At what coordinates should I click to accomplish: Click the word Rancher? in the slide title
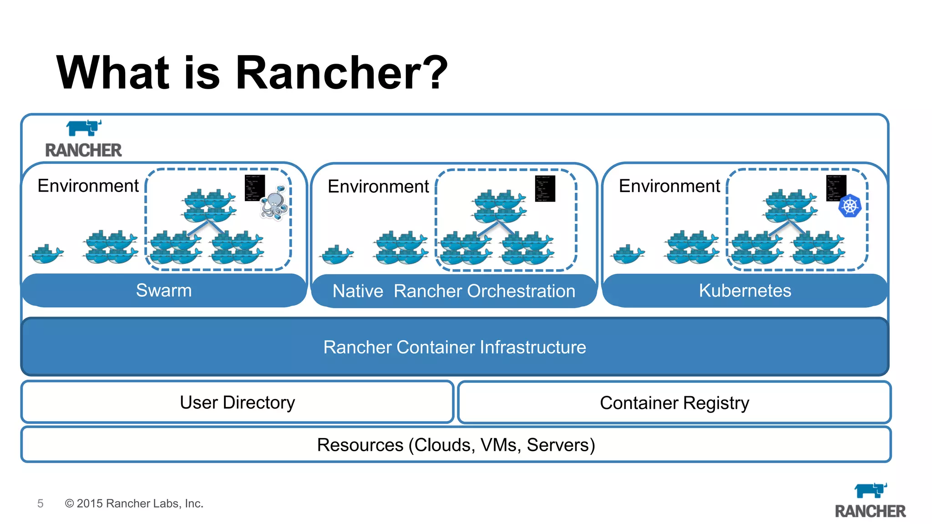tap(341, 73)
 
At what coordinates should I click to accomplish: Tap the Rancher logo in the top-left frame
tap(84, 139)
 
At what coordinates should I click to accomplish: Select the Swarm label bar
tap(164, 290)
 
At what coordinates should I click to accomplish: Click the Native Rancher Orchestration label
tap(454, 291)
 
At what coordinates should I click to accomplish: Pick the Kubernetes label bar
tap(745, 291)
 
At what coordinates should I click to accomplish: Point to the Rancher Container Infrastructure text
tap(455, 347)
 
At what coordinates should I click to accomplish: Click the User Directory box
tap(237, 403)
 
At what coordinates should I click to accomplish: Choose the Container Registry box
tap(674, 403)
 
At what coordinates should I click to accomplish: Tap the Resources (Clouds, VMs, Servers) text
tap(456, 445)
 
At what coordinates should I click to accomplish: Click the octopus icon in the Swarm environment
tap(274, 203)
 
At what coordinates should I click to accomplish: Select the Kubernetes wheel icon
tap(850, 206)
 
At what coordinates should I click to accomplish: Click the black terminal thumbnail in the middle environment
tap(545, 188)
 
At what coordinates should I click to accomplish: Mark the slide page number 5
tap(41, 504)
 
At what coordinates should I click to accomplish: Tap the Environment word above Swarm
tap(88, 186)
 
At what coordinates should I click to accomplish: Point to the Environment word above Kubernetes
tap(669, 186)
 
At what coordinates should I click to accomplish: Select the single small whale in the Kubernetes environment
tap(628, 254)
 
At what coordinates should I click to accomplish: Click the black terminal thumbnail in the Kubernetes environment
tap(836, 188)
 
